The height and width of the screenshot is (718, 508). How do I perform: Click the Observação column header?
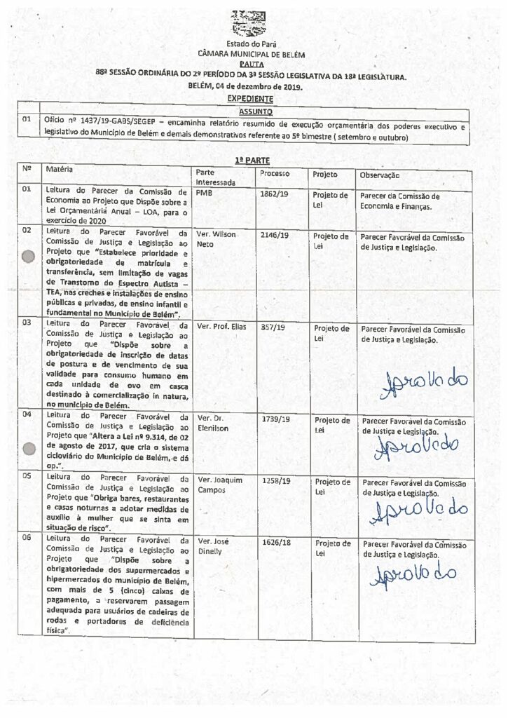coord(380,175)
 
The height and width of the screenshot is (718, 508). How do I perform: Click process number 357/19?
coord(270,327)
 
